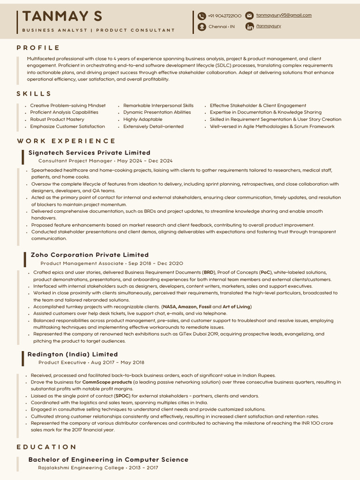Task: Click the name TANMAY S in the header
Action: tap(62, 16)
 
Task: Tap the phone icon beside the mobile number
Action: tap(202, 16)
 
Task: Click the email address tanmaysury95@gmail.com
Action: tap(284, 15)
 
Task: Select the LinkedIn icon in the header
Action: tap(249, 26)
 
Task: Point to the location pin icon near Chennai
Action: tap(202, 27)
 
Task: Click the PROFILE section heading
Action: tap(38, 48)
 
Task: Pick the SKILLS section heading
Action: tap(34, 94)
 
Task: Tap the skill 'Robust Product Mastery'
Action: tap(57, 120)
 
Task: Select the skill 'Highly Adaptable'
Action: tap(142, 120)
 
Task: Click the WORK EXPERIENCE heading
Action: tap(66, 141)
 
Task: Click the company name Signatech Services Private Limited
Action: tap(90, 153)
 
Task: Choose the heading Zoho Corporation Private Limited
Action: tap(90, 255)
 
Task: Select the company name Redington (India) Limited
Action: tap(73, 354)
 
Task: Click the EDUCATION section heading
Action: tap(46, 447)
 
